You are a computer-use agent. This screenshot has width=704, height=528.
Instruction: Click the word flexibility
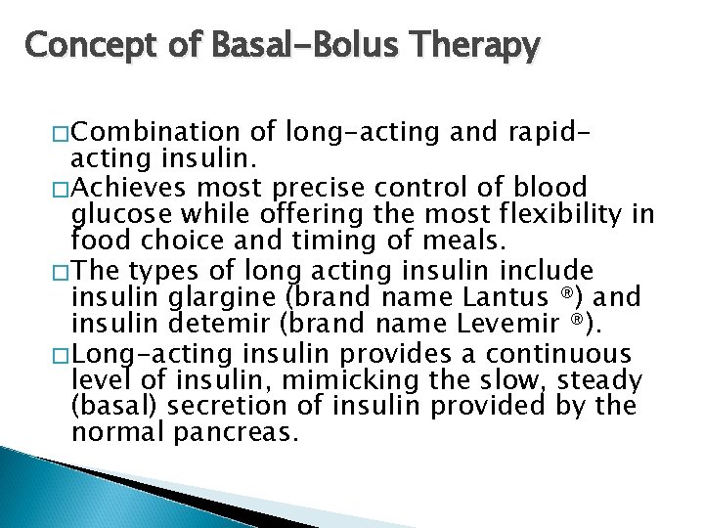572,214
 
